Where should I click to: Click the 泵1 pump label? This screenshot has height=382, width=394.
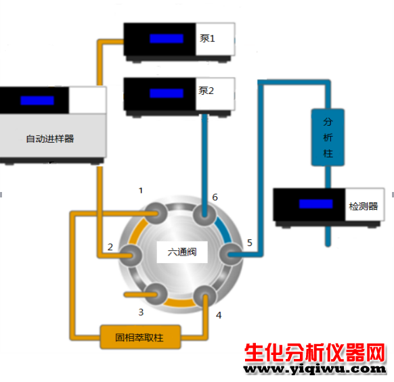(x=207, y=39)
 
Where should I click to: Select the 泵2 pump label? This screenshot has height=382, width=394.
(x=206, y=91)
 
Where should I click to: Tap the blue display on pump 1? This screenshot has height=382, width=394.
(x=167, y=39)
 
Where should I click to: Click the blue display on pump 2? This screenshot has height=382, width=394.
(x=167, y=93)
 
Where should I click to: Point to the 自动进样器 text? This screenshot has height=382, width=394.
(x=50, y=139)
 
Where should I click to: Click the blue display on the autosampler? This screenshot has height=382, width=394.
(x=37, y=100)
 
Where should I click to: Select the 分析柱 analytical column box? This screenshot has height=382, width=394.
(x=328, y=137)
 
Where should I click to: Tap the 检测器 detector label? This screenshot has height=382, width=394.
(x=364, y=206)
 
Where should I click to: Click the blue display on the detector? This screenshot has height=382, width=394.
(x=316, y=204)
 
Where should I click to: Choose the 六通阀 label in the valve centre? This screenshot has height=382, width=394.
(x=182, y=252)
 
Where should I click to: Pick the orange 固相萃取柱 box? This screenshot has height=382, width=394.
(x=140, y=337)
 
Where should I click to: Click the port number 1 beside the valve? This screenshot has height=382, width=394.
(x=141, y=191)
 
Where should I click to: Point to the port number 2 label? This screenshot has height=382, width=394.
(x=110, y=247)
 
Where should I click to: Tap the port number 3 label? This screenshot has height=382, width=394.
(x=141, y=312)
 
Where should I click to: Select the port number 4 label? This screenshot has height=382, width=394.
(x=219, y=315)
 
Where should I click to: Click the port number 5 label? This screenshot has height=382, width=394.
(x=250, y=243)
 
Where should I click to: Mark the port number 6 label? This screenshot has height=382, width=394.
(x=215, y=197)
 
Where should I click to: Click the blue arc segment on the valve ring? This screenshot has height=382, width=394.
(x=225, y=230)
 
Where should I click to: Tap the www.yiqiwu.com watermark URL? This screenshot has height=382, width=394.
(x=315, y=369)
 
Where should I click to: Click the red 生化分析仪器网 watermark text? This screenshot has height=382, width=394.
(x=315, y=353)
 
